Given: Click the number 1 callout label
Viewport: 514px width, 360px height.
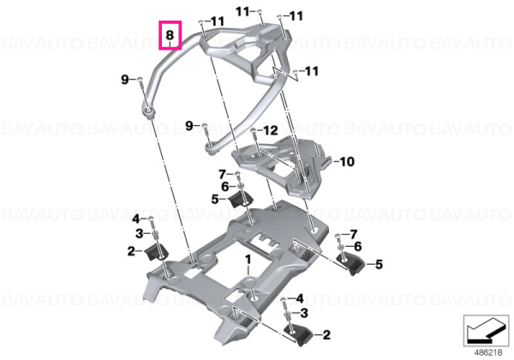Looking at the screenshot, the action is [248, 260].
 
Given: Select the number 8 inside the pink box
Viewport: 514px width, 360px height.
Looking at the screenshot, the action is [170, 35].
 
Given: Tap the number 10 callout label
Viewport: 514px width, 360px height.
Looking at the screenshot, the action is [347, 161].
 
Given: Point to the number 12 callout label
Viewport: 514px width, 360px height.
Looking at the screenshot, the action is [271, 130].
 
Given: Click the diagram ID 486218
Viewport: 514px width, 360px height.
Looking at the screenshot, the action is [488, 353].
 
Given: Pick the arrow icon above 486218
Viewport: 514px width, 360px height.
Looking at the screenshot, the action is [486, 331].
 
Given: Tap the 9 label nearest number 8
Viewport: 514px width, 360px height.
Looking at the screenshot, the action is [125, 80].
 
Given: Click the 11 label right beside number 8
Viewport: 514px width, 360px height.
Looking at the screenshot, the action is [217, 22].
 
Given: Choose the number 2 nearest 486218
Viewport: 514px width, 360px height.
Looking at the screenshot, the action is [326, 335].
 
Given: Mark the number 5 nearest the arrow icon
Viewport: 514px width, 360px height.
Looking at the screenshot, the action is [379, 264].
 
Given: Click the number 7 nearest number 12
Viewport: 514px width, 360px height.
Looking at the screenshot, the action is [223, 174].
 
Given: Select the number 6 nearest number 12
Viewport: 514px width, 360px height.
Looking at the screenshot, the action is [224, 187].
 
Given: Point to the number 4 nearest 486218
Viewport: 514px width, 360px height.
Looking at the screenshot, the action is [300, 298].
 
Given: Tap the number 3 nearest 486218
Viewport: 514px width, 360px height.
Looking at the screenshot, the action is [304, 313].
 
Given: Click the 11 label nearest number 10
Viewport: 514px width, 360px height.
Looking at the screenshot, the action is [312, 71].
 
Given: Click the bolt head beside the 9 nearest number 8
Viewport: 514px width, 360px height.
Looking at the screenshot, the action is [140, 79].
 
